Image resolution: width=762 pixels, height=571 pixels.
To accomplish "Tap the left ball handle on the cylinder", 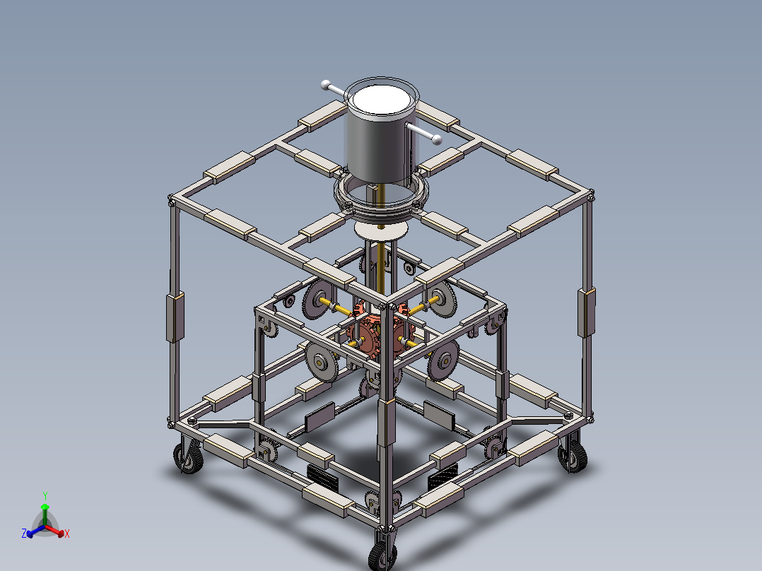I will click(326, 85).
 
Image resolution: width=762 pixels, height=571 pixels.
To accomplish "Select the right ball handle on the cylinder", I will click(436, 138).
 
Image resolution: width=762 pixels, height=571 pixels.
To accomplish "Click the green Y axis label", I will click(45, 495).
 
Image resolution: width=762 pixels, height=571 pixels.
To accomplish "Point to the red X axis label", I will click(66, 534).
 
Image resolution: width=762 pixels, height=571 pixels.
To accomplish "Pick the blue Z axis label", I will click(25, 534).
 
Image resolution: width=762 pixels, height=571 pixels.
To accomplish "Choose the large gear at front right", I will click(444, 360).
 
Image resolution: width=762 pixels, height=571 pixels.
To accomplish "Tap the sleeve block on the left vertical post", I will click(174, 318).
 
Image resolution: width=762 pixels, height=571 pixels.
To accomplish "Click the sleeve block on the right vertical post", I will click(585, 312).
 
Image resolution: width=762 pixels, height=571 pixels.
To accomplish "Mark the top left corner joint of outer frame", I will click(172, 200).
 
